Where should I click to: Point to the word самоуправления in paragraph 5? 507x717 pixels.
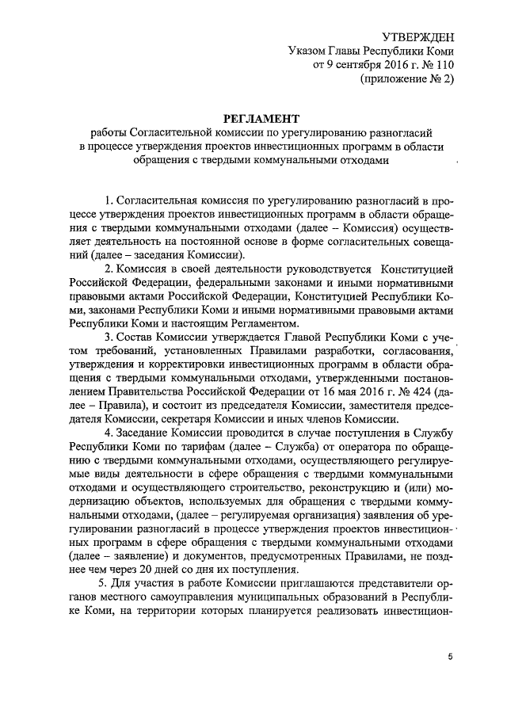point(185,598)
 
